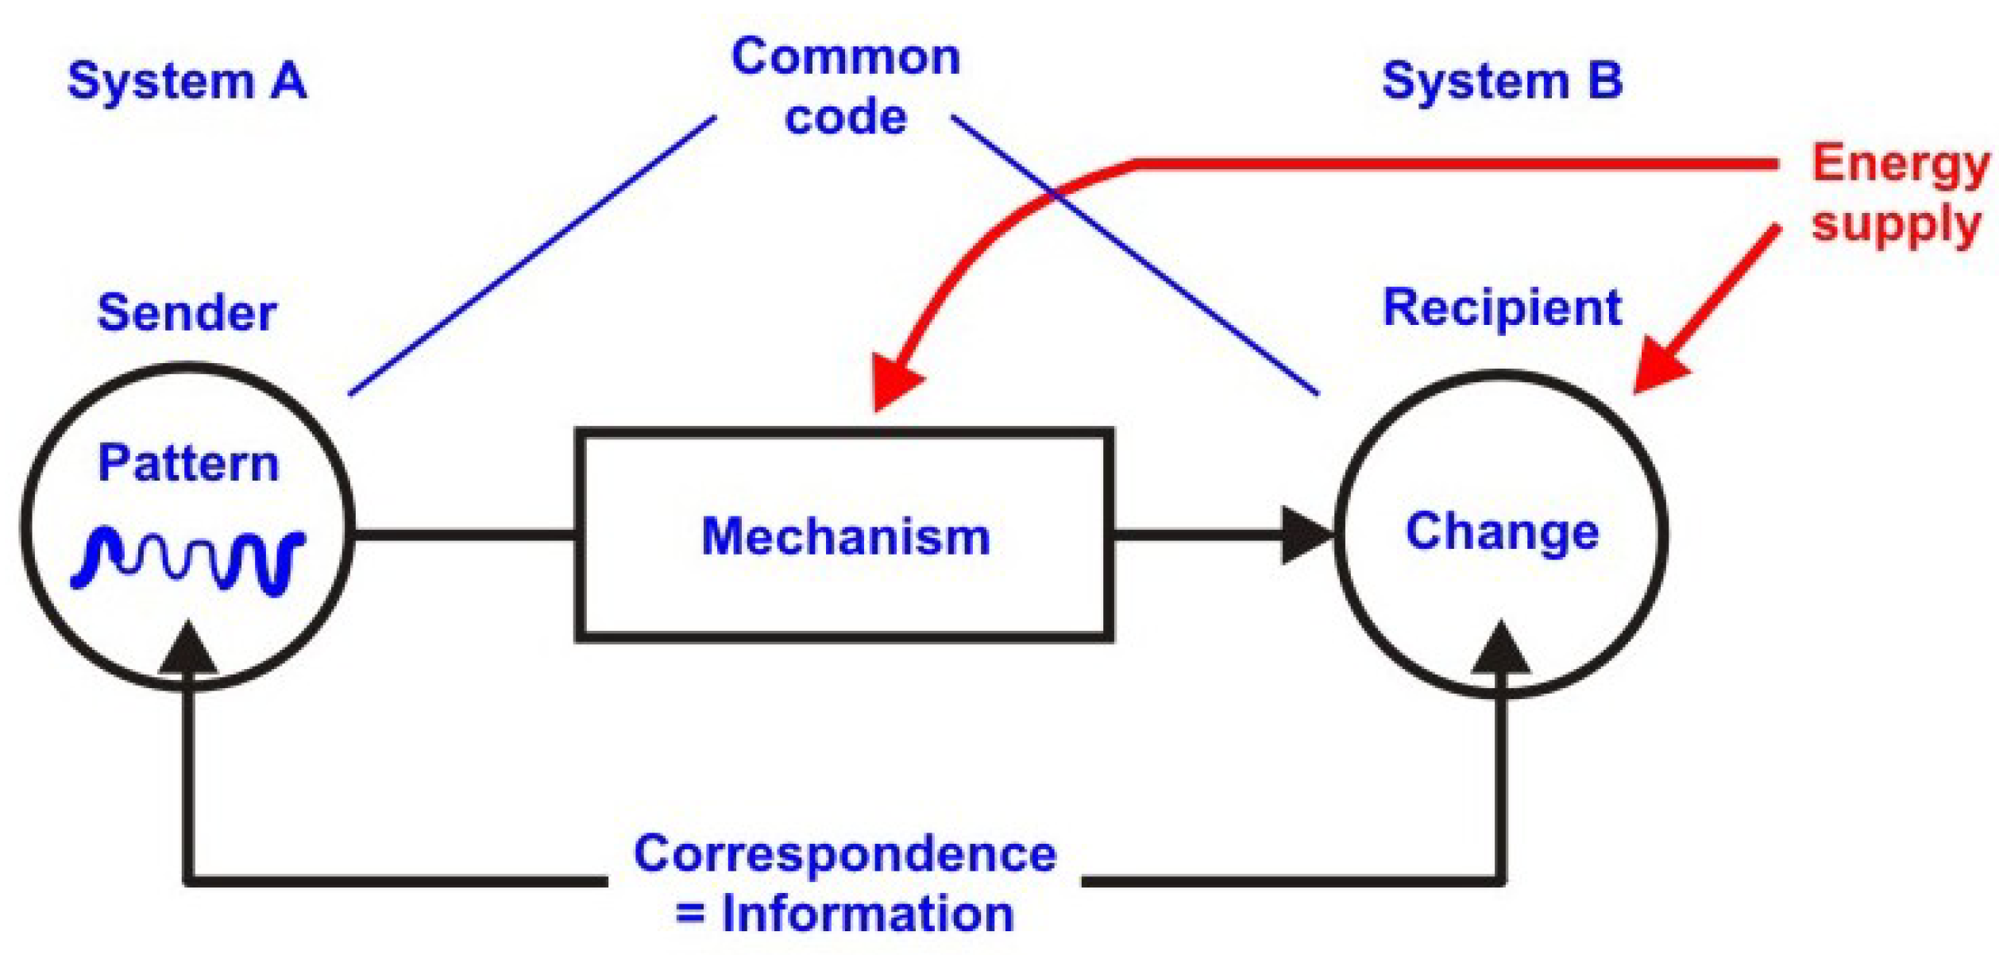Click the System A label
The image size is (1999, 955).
click(x=187, y=81)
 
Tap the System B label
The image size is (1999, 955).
click(x=1502, y=81)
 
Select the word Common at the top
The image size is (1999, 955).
click(x=845, y=57)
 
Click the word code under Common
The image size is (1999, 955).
click(x=845, y=118)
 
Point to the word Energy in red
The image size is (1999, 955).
click(x=1900, y=165)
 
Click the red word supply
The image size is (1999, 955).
click(x=1895, y=225)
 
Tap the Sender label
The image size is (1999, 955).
click(x=187, y=312)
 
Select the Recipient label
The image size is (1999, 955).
click(x=1502, y=307)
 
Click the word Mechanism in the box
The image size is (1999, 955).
click(x=846, y=536)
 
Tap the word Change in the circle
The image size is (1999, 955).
click(x=1502, y=532)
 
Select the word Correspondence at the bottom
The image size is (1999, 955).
click(x=845, y=854)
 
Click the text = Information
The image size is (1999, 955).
click(x=845, y=914)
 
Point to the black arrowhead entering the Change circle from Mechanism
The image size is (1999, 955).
click(x=1305, y=535)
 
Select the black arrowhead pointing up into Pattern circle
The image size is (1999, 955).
click(x=188, y=650)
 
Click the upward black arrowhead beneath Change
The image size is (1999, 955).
click(x=1500, y=648)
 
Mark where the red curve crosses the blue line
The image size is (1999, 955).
click(x=1055, y=193)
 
